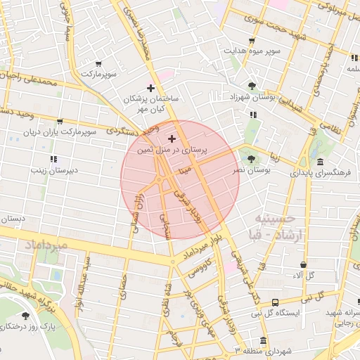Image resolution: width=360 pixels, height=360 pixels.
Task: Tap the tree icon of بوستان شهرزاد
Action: tap(252, 85)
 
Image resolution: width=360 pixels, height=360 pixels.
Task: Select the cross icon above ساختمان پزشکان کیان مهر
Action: tap(150, 88)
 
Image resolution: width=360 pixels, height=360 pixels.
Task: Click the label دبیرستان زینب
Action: tap(53, 170)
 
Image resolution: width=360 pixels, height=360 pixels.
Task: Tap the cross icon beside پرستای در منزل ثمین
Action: tap(172, 139)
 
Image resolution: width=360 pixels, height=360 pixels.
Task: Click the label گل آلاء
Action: tap(302, 275)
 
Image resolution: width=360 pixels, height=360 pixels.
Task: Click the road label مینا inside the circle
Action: tap(185, 169)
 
